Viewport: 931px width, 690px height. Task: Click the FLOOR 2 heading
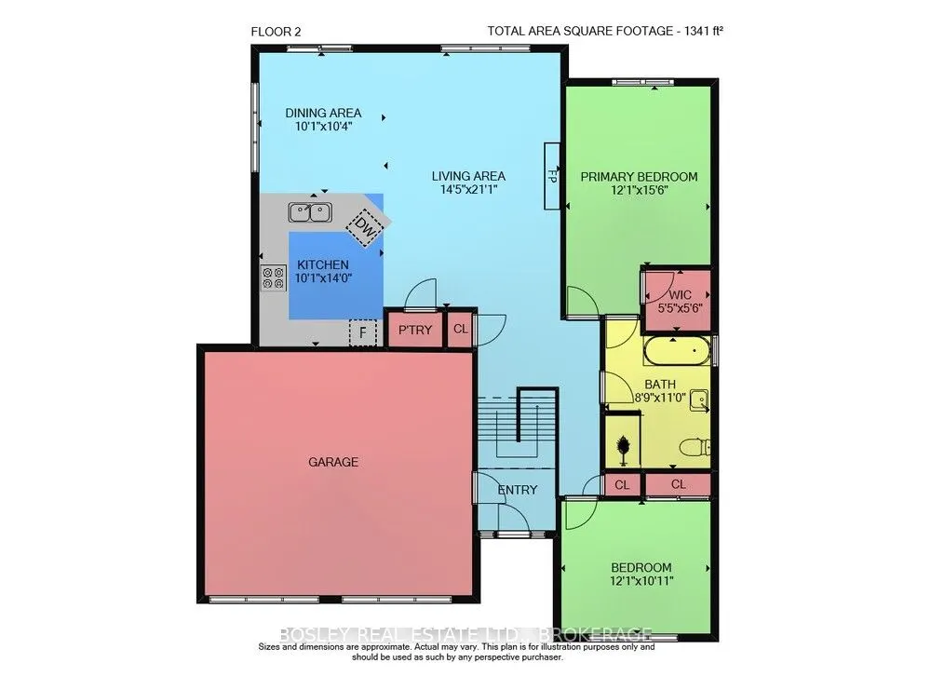[x=276, y=31]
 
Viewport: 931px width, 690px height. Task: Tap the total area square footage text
[x=605, y=31]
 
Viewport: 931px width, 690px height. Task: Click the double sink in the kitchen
[x=310, y=212]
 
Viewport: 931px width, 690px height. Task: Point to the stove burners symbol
[x=274, y=277]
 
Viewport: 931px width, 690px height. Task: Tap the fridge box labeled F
[x=361, y=331]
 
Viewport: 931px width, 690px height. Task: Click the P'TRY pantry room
[x=415, y=331]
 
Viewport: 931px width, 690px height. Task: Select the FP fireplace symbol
[x=550, y=176]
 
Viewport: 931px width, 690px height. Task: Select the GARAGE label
[x=334, y=462]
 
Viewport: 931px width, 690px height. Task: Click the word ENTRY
[x=517, y=490]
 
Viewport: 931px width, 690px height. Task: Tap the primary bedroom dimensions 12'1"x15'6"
[x=639, y=190]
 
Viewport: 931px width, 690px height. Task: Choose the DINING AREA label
[x=322, y=114]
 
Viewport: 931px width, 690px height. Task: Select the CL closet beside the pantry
[x=461, y=330]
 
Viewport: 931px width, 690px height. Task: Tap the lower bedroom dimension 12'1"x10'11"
[x=641, y=581]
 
